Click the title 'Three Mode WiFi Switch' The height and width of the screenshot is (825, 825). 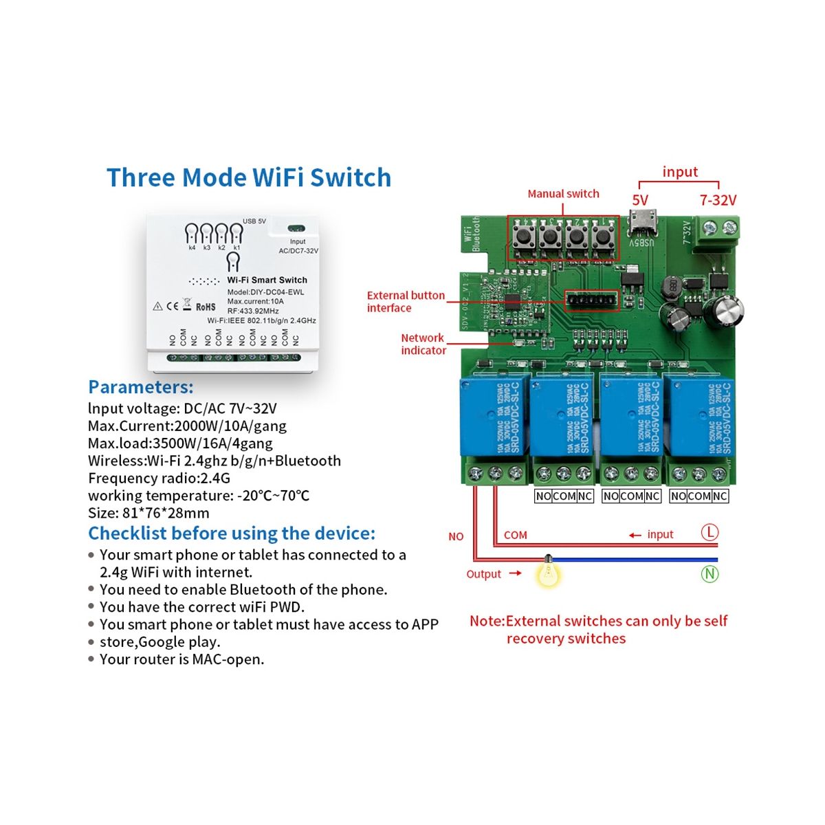249,177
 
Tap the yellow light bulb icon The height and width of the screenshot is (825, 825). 548,572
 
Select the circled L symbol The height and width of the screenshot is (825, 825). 709,532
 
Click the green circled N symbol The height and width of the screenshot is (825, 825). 709,573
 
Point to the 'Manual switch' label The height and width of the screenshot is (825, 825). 563,194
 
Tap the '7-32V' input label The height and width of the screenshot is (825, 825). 718,200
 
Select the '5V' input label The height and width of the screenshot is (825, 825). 640,200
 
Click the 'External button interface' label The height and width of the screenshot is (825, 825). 406,301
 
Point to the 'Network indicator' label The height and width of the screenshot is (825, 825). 423,344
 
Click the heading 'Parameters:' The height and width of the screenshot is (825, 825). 141,387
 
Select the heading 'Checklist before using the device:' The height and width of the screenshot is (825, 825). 232,533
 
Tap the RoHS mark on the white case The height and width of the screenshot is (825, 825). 206,307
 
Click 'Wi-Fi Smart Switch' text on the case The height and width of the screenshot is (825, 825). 267,280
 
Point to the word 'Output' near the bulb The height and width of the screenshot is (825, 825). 484,574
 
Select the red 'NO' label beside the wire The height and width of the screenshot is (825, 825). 456,536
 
